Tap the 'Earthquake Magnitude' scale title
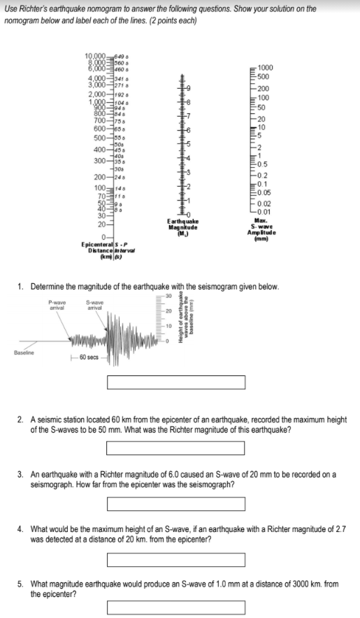[185, 226]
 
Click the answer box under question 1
[175, 382]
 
